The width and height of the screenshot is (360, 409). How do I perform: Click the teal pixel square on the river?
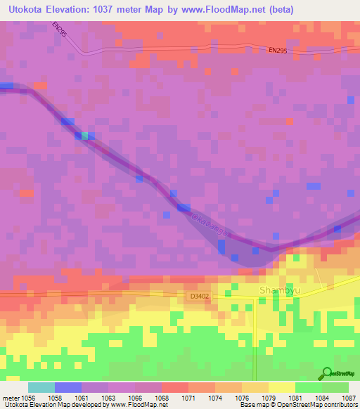coord(86,135)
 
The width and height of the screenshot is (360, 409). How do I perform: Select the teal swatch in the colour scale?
coord(41,387)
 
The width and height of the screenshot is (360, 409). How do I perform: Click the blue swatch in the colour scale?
coord(68,387)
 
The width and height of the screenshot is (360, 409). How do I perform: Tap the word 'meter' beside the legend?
coord(11,398)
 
